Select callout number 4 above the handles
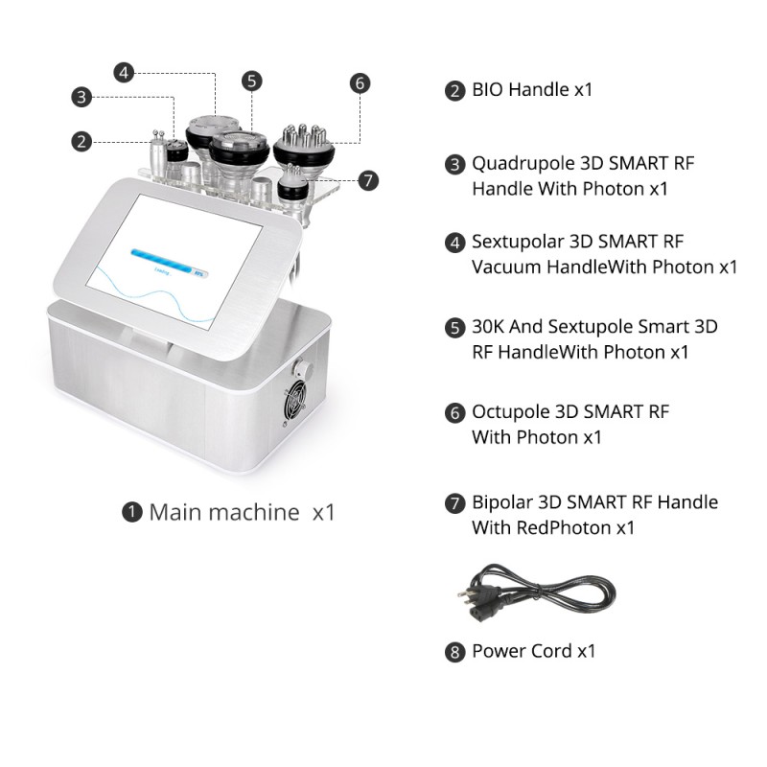pos(124,73)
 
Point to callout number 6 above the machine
pos(360,83)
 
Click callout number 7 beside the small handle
pos(368,180)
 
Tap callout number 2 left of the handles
pos(81,142)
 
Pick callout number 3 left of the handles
pos(81,97)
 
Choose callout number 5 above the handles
pos(251,81)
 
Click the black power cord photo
pos(537,593)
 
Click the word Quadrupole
pos(523,164)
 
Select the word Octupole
pos(511,412)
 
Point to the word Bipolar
pos(502,502)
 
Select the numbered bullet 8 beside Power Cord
pos(454,652)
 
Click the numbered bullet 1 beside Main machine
pos(131,512)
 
